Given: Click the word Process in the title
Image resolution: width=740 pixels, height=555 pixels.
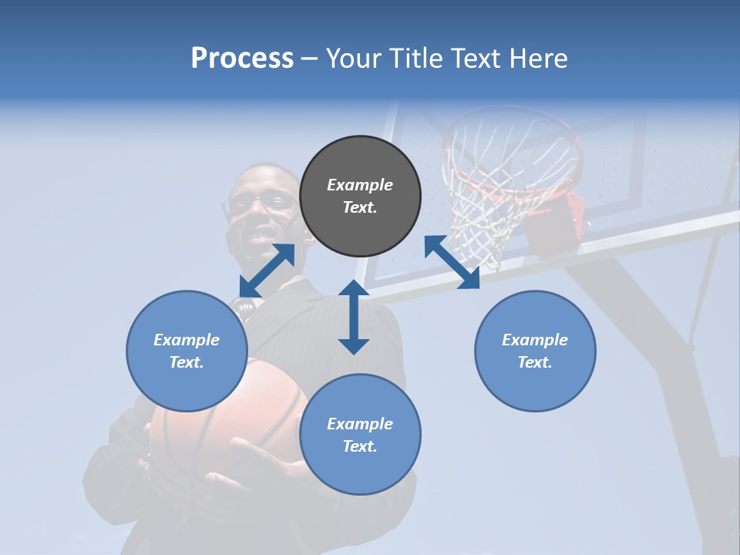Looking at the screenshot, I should (242, 59).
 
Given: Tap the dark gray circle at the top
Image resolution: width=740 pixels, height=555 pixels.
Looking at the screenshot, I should (360, 196).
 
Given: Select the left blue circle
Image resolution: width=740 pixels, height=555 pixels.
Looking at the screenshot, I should (187, 351).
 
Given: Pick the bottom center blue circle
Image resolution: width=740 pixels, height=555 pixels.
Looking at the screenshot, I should (360, 435).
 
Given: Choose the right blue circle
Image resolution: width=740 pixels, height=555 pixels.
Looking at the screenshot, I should (535, 351).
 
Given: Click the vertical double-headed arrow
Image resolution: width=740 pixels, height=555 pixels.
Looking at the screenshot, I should (354, 317).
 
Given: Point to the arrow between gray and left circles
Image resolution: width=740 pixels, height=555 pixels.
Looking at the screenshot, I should (267, 271).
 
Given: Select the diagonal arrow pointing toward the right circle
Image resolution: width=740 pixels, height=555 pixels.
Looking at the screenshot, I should (452, 262).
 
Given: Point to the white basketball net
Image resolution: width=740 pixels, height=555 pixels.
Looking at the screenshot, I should (493, 193).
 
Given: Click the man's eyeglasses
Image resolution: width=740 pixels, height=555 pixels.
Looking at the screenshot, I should (258, 203).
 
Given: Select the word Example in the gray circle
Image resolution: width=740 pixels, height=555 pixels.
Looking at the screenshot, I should (360, 185).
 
